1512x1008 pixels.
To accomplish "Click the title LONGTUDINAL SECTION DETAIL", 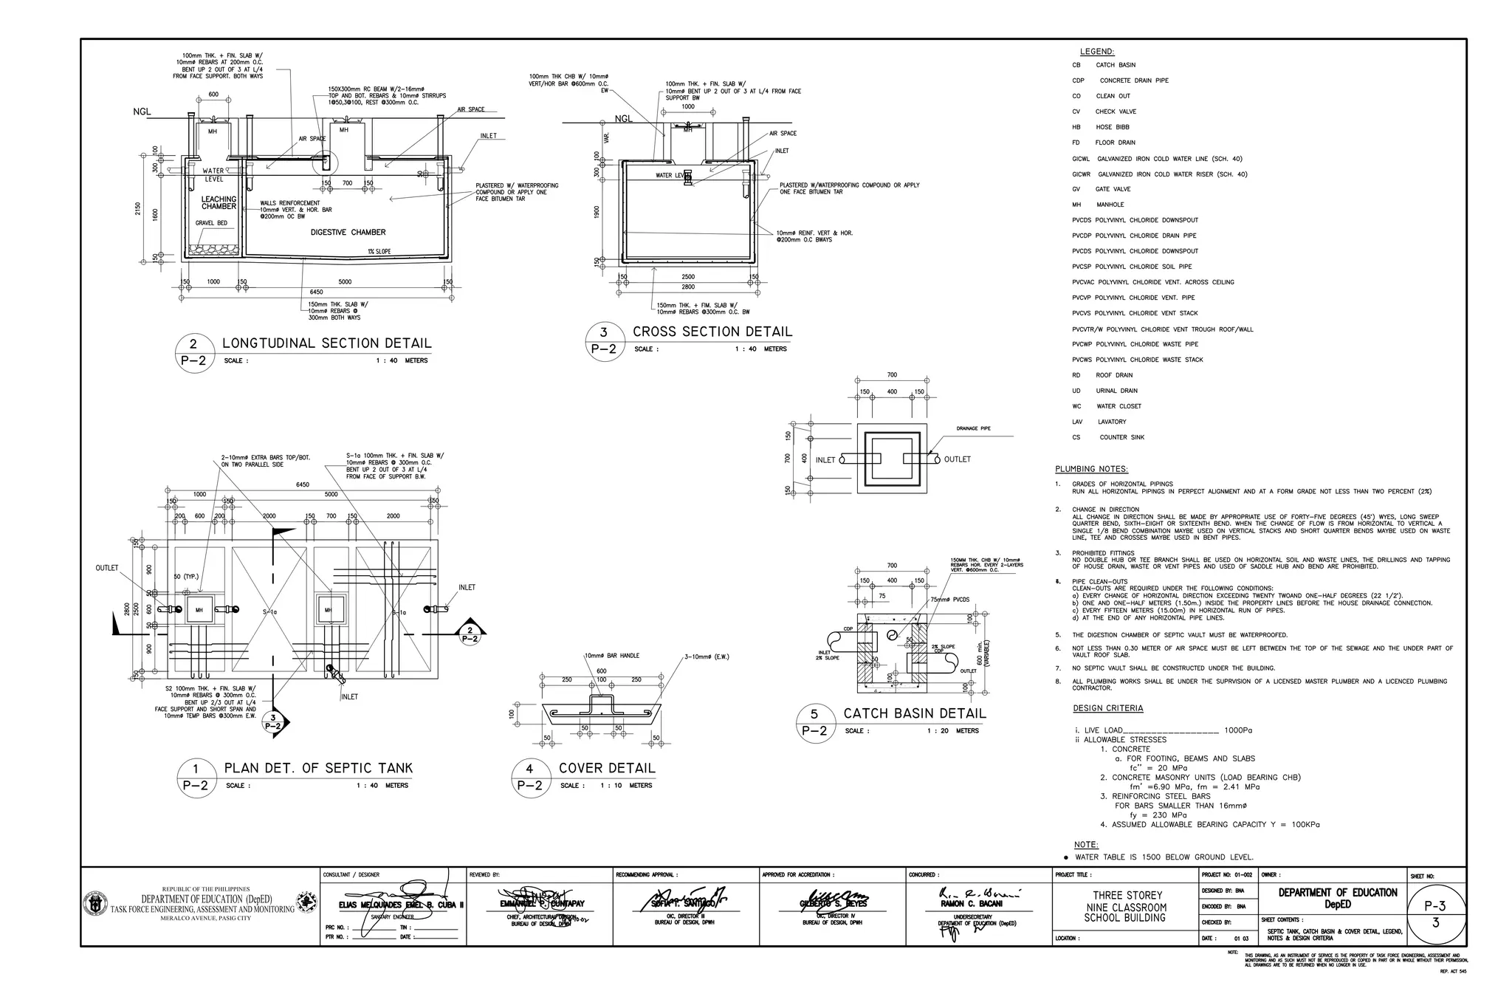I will (326, 343).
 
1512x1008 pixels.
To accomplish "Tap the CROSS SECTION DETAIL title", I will (712, 332).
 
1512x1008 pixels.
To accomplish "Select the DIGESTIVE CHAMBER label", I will (348, 233).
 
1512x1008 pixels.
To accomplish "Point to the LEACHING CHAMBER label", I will (219, 203).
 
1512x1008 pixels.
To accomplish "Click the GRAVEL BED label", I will (211, 223).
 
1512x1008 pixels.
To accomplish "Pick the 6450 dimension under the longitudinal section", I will (316, 292).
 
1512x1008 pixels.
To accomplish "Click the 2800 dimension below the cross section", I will (687, 287).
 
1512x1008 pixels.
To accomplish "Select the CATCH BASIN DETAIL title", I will (915, 714).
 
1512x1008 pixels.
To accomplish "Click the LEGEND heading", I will (1097, 52).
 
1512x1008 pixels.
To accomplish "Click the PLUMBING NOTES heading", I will (1091, 469).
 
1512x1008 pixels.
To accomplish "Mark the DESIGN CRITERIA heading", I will (1107, 709).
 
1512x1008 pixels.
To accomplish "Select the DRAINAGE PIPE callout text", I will (973, 428).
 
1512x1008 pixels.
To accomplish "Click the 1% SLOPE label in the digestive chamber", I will (379, 252).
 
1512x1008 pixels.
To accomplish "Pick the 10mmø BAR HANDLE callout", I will (612, 656).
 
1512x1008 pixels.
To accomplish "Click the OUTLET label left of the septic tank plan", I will (106, 568).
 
